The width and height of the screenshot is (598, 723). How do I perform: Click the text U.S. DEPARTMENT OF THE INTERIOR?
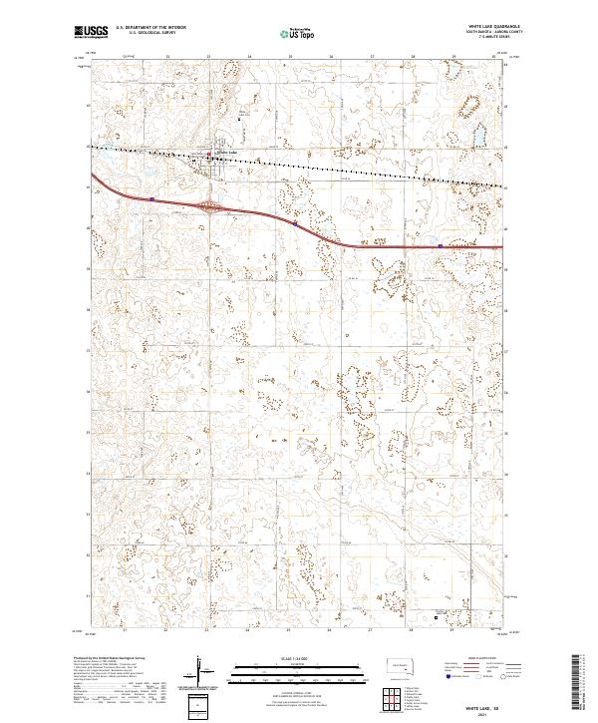(x=152, y=28)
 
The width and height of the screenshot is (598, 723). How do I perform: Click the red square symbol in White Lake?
(x=209, y=155)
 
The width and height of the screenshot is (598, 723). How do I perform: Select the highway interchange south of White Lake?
(x=210, y=207)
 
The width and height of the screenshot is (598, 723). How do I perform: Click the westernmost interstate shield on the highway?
(x=150, y=198)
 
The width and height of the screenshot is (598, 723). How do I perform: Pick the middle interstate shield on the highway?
(x=296, y=224)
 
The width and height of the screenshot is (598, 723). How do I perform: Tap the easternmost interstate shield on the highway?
(x=440, y=244)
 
